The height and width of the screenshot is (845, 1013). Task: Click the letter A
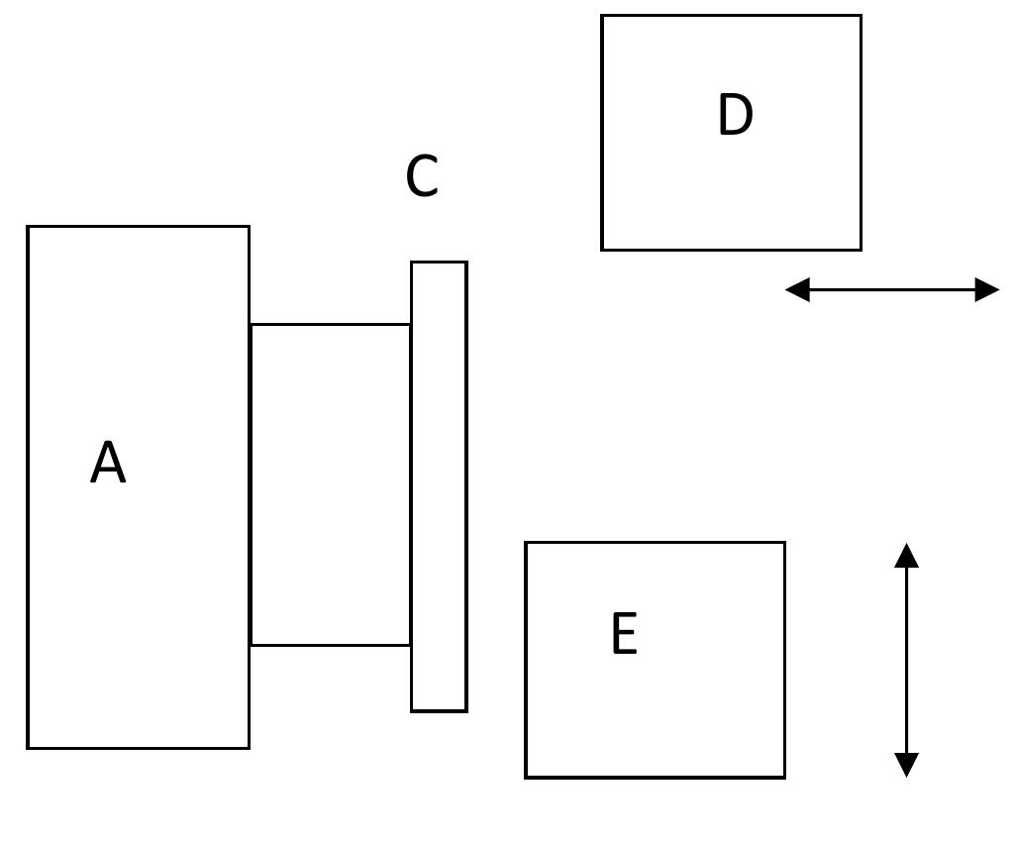click(x=108, y=463)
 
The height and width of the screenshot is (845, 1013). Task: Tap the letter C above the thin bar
click(x=422, y=177)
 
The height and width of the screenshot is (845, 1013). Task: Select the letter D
click(x=735, y=115)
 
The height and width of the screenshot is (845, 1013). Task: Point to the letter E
click(x=624, y=634)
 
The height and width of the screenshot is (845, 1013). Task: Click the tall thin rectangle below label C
click(x=439, y=486)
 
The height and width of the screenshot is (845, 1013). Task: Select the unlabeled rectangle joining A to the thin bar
click(x=331, y=484)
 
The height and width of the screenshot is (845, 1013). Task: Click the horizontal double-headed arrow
click(x=891, y=289)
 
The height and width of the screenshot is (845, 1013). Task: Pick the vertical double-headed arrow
click(x=906, y=660)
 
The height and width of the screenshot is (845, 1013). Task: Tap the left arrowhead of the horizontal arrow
click(x=796, y=289)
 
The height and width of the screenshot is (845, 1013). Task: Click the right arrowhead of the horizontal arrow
click(x=988, y=289)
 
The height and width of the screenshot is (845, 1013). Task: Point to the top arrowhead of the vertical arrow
click(x=906, y=555)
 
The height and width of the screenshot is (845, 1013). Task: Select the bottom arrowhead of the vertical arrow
click(x=906, y=766)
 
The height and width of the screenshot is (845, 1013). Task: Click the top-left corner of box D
click(x=602, y=16)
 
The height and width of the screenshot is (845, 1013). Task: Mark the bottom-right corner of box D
click(x=861, y=250)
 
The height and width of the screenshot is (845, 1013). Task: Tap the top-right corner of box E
click(x=784, y=543)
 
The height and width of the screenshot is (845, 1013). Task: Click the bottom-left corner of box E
click(x=526, y=778)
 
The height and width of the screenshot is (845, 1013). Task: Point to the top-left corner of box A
click(x=28, y=227)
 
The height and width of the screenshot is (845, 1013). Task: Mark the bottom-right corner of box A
click(x=249, y=748)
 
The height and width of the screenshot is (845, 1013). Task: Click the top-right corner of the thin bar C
click(x=466, y=263)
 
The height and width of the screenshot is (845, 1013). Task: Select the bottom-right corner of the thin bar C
click(x=466, y=710)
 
